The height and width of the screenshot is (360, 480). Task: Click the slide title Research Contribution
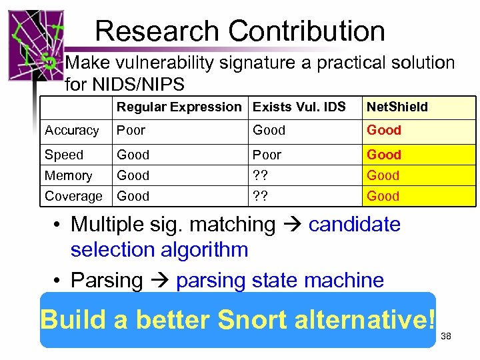click(240, 31)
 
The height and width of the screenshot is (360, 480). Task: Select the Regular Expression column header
click(179, 107)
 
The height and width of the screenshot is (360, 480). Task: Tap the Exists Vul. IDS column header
click(299, 107)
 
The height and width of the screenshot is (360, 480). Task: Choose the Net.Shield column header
click(397, 107)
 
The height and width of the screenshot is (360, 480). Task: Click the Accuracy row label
click(71, 131)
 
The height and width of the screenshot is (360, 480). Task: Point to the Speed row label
click(64, 155)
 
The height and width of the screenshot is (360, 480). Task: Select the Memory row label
click(68, 175)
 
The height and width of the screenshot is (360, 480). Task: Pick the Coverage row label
click(73, 196)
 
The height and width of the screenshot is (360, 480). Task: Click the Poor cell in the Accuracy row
click(131, 131)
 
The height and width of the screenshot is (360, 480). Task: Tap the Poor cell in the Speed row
click(267, 155)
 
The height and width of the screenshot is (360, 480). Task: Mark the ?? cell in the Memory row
click(260, 175)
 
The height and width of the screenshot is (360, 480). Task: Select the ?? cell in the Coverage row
click(260, 196)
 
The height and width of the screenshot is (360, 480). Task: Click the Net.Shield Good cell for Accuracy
click(384, 131)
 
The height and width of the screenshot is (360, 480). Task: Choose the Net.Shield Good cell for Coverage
click(383, 196)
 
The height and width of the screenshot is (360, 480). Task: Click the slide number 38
click(446, 337)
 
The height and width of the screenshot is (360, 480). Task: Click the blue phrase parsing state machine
click(280, 281)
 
